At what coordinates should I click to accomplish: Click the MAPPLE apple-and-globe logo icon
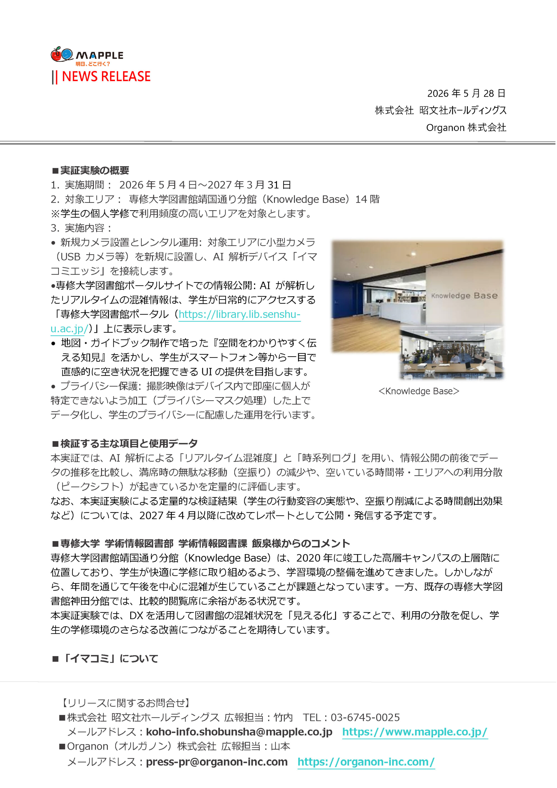click(62, 54)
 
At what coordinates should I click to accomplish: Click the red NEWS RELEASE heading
click(106, 76)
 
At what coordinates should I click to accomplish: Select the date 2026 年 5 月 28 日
click(466, 93)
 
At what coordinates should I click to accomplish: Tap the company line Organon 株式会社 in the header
click(466, 128)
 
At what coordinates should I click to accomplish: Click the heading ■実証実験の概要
click(90, 170)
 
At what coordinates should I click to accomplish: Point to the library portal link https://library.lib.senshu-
click(240, 314)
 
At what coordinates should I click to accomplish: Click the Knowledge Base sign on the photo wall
click(464, 296)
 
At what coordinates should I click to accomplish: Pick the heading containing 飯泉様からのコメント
click(201, 543)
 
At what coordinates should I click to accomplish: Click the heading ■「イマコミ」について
click(105, 658)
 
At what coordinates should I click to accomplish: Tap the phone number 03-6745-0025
click(365, 717)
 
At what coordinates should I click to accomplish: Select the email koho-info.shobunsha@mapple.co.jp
click(239, 732)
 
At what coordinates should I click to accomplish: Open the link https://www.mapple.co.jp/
click(415, 732)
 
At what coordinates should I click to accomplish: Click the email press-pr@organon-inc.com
click(217, 762)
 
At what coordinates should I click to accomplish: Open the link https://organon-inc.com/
click(366, 762)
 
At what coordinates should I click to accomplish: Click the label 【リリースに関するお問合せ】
click(125, 702)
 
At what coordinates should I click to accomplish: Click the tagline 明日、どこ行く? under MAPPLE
click(93, 64)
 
